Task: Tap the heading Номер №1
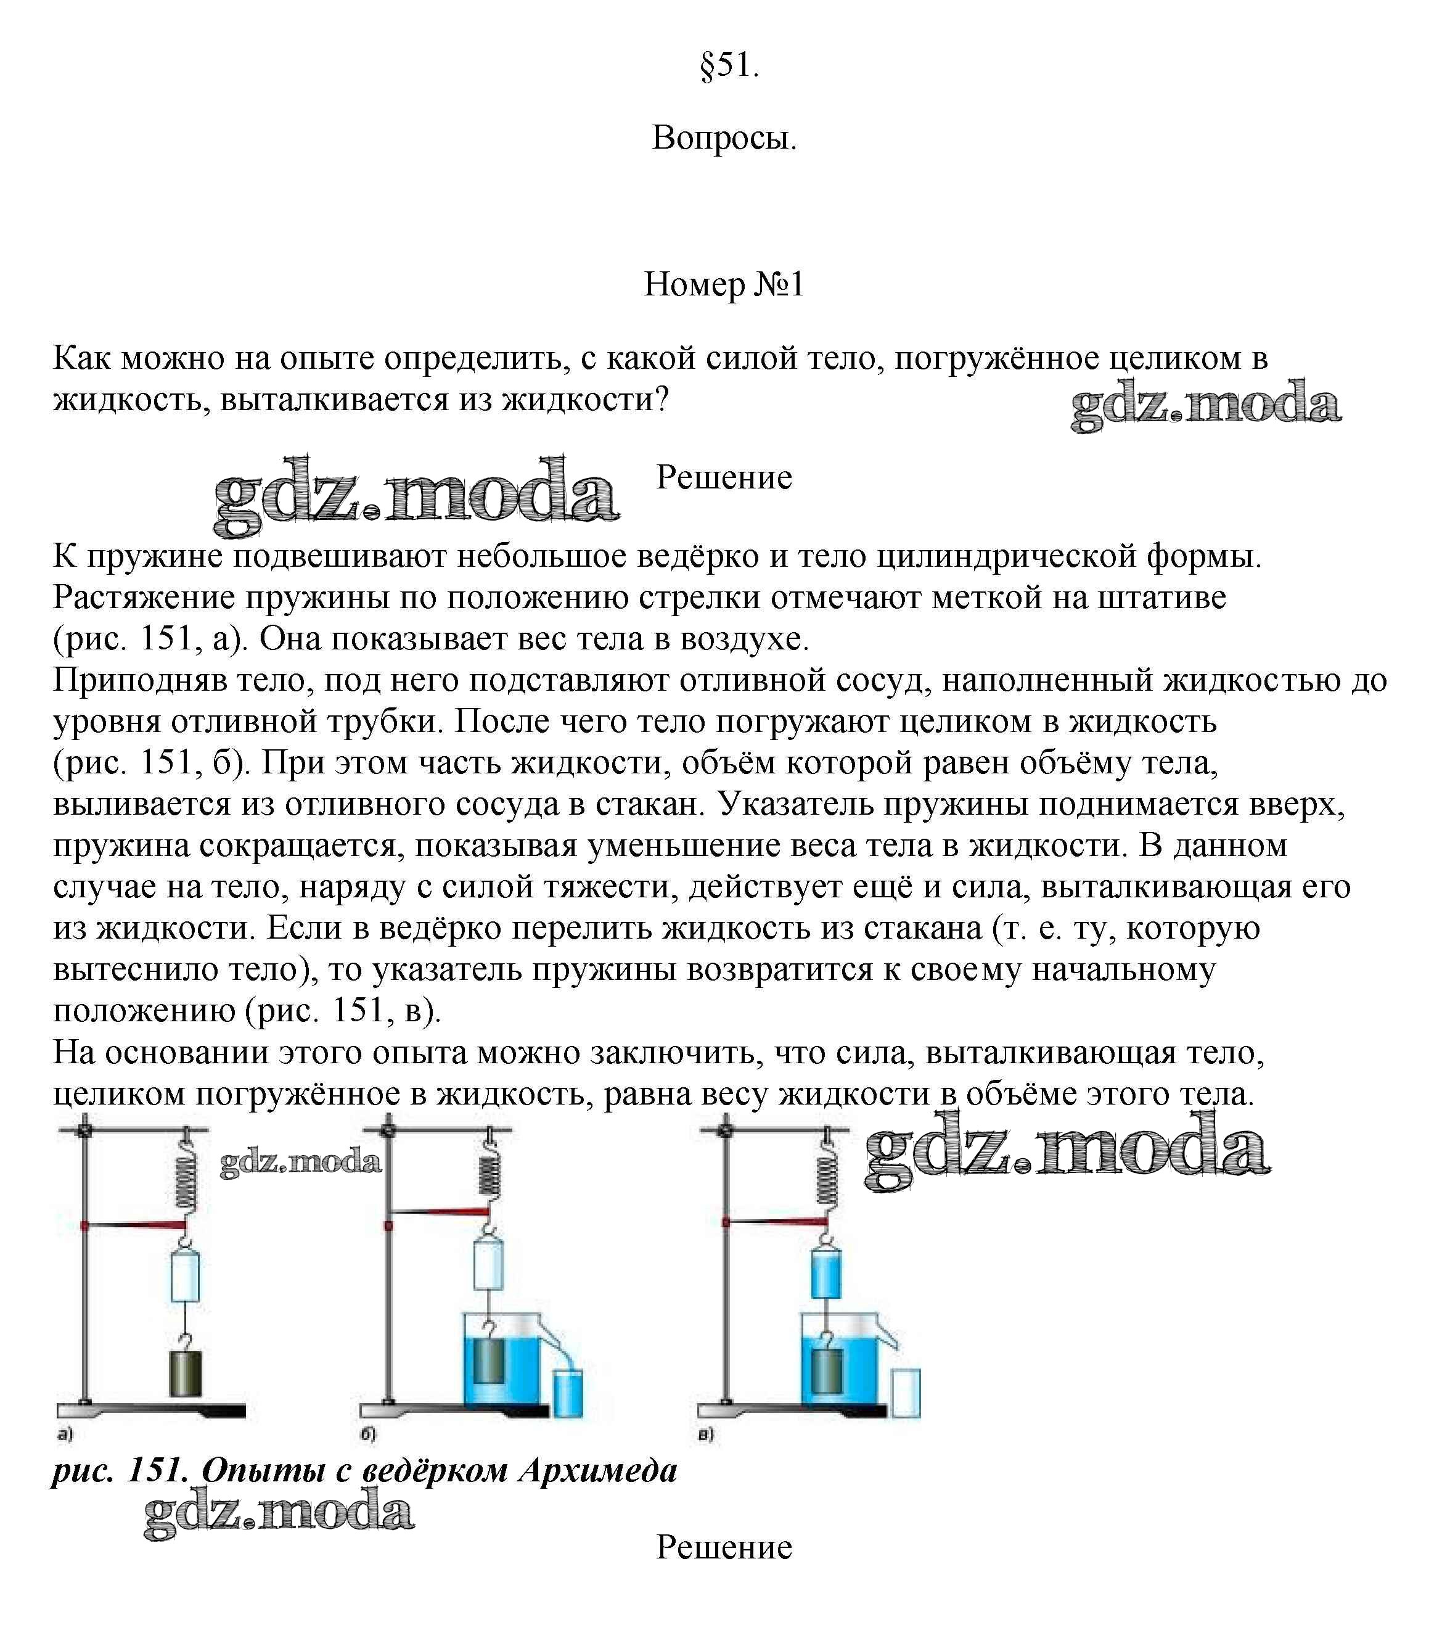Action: pos(724,284)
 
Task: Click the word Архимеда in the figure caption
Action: pos(597,1470)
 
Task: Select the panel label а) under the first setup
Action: pos(65,1434)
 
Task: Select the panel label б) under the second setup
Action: pos(367,1434)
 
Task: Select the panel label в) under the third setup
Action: pos(705,1434)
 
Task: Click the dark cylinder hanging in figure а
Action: pos(185,1373)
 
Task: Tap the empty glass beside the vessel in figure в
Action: pos(906,1393)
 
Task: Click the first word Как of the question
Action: pos(83,358)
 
